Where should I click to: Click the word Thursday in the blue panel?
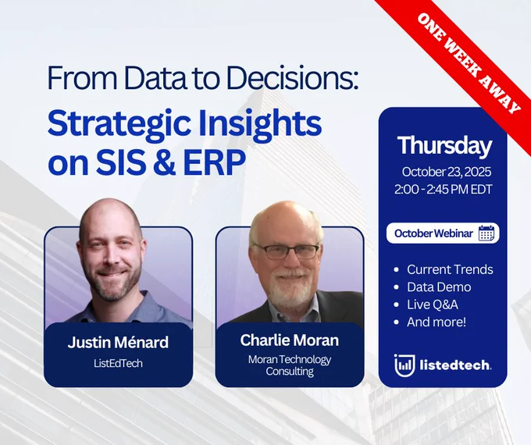444,146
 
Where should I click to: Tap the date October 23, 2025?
447,172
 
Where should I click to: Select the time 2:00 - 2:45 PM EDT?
443,189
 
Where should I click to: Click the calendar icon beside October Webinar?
486,233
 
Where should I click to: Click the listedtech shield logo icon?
404,365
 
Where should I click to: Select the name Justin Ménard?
118,342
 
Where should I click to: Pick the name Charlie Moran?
289,340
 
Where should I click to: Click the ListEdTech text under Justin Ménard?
118,363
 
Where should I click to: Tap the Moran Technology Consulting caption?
290,365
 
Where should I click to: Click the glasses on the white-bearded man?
287,251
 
